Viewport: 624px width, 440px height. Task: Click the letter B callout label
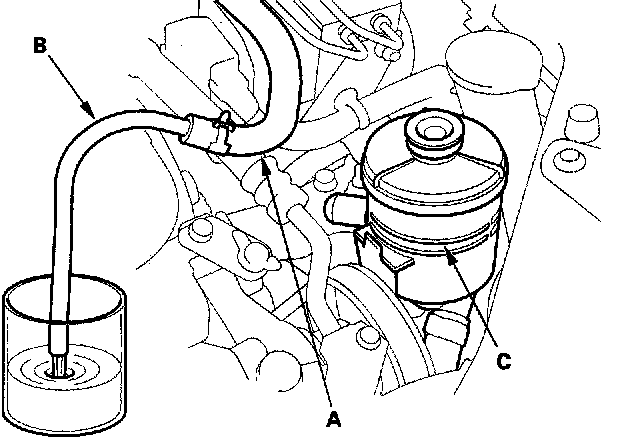pyautogui.click(x=40, y=45)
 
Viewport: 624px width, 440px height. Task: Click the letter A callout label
pyautogui.click(x=333, y=419)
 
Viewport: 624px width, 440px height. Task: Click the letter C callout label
pyautogui.click(x=504, y=361)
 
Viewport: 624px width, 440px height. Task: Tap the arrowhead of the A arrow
pyautogui.click(x=266, y=165)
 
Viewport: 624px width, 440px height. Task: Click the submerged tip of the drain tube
pyautogui.click(x=60, y=365)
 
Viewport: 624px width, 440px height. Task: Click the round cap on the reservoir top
pyautogui.click(x=435, y=132)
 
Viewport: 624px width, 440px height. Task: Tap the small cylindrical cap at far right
pyautogui.click(x=582, y=123)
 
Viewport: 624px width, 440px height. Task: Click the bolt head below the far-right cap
pyautogui.click(x=569, y=159)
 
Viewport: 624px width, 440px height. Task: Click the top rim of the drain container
pyautogui.click(x=64, y=278)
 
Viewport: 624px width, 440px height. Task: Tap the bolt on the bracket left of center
pyautogui.click(x=200, y=230)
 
